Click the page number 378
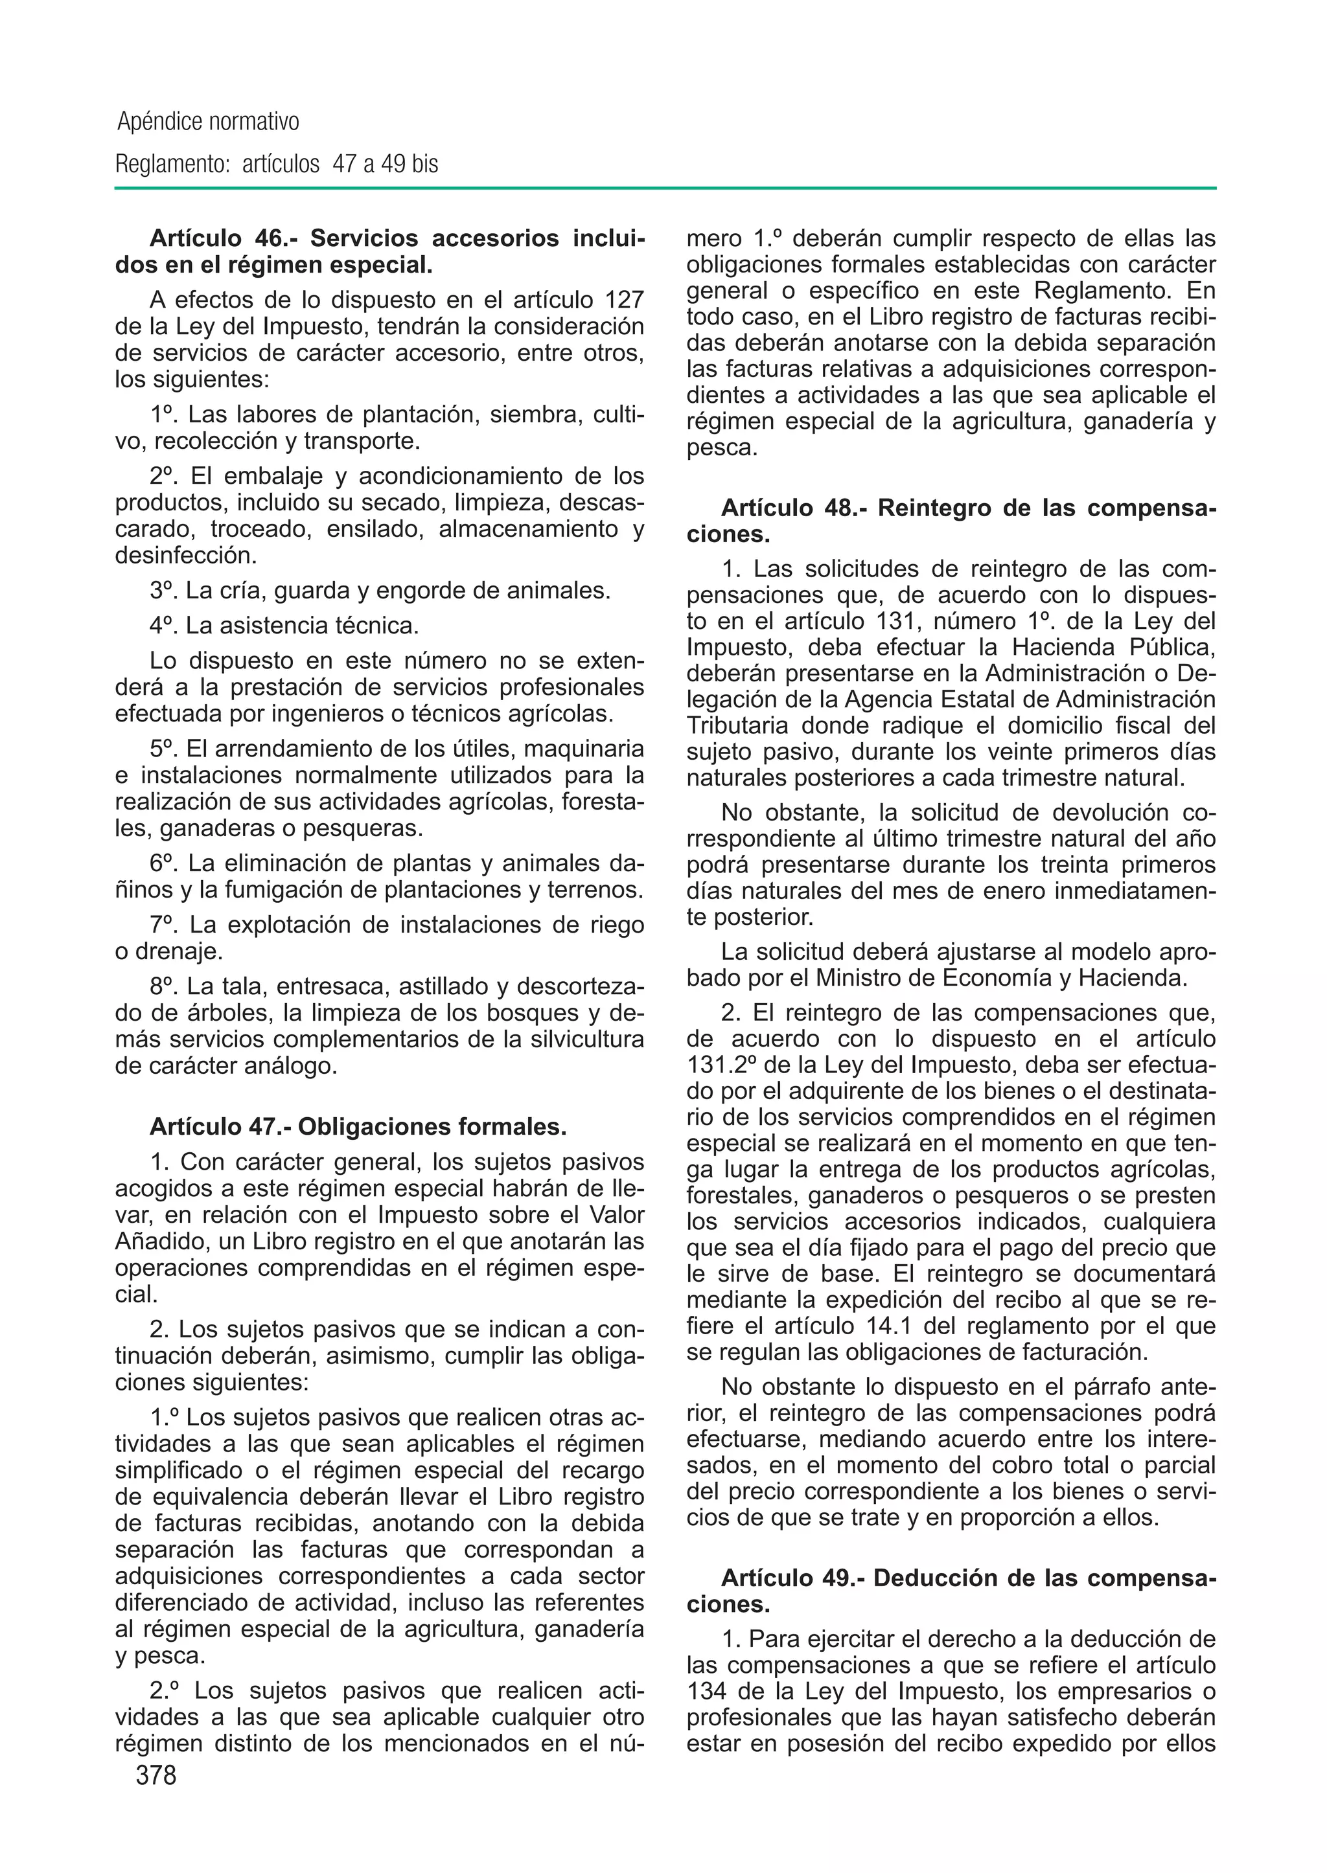pos(156,1775)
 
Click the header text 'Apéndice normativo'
pos(209,122)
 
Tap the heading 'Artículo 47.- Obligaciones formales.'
pos(358,1126)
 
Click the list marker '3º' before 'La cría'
pos(164,590)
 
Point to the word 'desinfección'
pos(185,556)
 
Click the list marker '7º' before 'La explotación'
pos(164,925)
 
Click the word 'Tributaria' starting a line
pos(737,725)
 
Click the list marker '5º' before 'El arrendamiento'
pos(164,748)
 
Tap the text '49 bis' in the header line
pos(410,165)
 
